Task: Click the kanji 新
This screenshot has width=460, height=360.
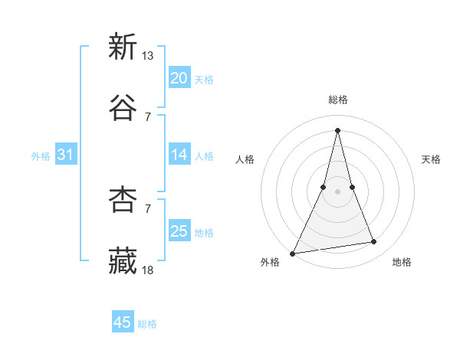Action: pos(123,47)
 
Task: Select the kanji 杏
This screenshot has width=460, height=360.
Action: pos(123,199)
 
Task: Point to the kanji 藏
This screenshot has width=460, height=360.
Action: pos(123,260)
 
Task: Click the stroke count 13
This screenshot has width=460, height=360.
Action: pos(148,55)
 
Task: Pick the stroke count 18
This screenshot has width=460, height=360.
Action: pos(148,270)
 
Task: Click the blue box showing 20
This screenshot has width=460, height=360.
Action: pos(179,78)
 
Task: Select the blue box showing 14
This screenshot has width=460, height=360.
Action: pos(179,155)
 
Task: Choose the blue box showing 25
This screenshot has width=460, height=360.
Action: pos(179,231)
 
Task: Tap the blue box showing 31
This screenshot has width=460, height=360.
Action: pos(66,155)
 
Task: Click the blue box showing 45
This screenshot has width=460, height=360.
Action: pos(123,322)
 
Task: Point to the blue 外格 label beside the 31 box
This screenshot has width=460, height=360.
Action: pos(41,155)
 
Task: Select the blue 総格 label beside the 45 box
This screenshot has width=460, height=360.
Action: pos(147,323)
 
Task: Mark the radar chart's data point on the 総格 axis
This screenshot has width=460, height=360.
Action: pos(337,129)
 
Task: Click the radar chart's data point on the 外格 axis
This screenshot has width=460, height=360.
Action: pos(293,253)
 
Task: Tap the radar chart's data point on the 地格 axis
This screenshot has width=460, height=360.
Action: pos(374,242)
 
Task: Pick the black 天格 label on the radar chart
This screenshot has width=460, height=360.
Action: pos(431,159)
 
